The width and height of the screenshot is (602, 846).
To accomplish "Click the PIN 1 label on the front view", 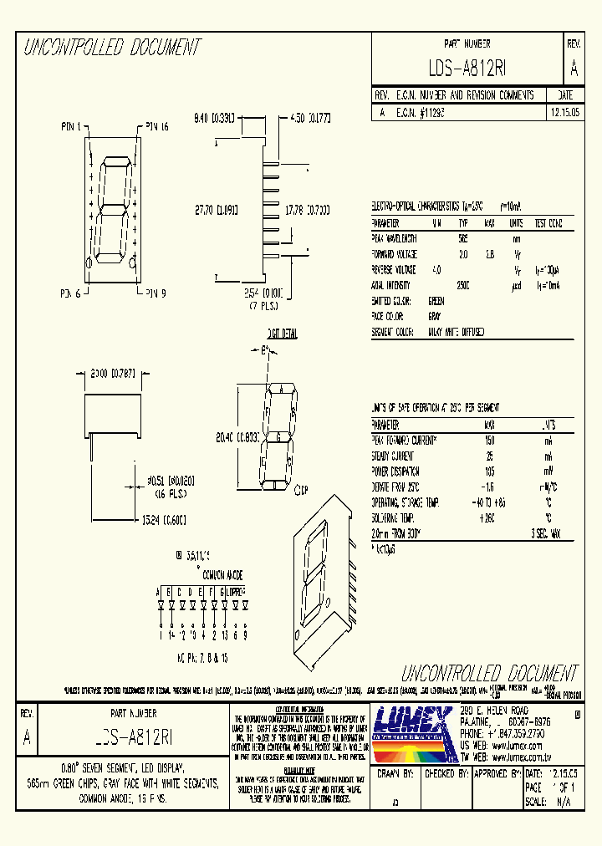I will click(74, 127).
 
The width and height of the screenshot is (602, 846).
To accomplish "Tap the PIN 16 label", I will click(156, 127).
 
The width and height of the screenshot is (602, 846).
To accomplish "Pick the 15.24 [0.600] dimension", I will click(160, 520).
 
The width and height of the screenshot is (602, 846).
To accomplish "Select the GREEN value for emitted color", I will click(436, 301).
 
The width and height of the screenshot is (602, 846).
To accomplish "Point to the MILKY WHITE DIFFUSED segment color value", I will click(456, 332).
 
